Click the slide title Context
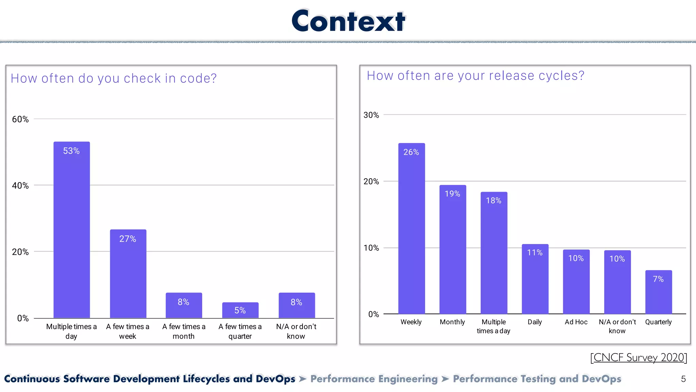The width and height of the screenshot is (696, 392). click(x=348, y=21)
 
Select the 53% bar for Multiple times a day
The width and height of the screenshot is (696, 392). click(x=72, y=231)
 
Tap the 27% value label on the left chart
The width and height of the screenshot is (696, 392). click(x=128, y=239)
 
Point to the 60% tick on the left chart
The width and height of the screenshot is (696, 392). click(x=20, y=119)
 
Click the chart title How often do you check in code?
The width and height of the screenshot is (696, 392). click(x=114, y=78)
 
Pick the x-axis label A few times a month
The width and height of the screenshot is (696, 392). click(x=184, y=331)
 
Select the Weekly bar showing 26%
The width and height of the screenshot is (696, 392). click(x=412, y=231)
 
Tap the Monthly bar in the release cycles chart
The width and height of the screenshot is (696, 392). click(x=453, y=252)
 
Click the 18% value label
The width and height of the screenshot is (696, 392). click(x=494, y=200)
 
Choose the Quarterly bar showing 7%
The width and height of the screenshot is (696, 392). click(x=659, y=293)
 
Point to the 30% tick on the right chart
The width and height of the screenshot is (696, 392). click(x=371, y=115)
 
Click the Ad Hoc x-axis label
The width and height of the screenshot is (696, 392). click(x=576, y=322)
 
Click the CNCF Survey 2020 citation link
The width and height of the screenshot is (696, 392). click(x=639, y=357)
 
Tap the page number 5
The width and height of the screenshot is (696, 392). click(x=683, y=379)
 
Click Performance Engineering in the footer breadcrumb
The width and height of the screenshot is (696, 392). click(x=374, y=379)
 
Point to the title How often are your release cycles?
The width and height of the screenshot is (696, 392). click(x=475, y=76)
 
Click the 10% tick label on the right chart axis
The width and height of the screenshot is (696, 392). click(x=371, y=248)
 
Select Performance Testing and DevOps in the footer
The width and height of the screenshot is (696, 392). click(x=537, y=379)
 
